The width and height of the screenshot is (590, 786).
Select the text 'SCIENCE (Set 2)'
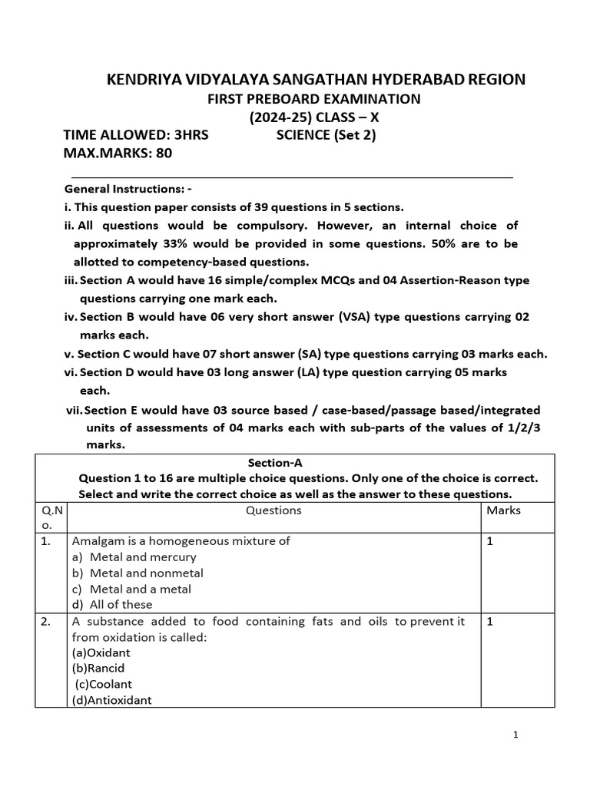[x=326, y=136]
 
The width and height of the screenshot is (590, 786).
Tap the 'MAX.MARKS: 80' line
[x=118, y=153]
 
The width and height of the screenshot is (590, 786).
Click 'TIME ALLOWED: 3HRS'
[x=136, y=136]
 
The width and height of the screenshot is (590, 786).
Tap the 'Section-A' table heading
[x=276, y=462]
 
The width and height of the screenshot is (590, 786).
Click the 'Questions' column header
[x=273, y=510]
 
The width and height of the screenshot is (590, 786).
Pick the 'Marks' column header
[x=504, y=510]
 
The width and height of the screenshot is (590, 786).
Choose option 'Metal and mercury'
[x=143, y=556]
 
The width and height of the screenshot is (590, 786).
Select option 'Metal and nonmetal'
[x=146, y=573]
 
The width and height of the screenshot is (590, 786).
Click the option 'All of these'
[x=121, y=605]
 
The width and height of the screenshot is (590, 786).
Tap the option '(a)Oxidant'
[x=101, y=652]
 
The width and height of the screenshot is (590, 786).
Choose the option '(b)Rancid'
[x=98, y=668]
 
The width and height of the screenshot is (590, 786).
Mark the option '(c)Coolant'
[x=104, y=684]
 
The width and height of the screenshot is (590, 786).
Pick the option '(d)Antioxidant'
[x=112, y=700]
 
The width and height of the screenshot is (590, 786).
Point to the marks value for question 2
[x=490, y=621]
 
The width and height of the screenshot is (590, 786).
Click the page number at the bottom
[x=516, y=735]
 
